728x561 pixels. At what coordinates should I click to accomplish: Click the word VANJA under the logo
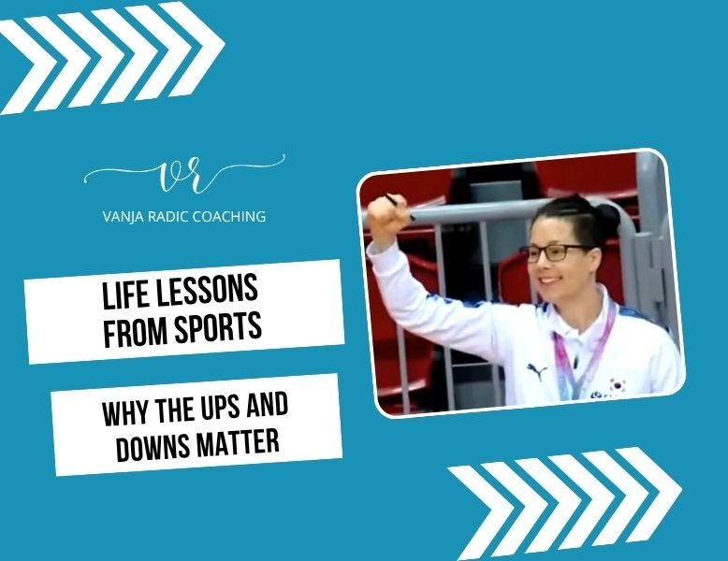124,216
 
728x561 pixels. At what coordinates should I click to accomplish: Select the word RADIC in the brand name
171,216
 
